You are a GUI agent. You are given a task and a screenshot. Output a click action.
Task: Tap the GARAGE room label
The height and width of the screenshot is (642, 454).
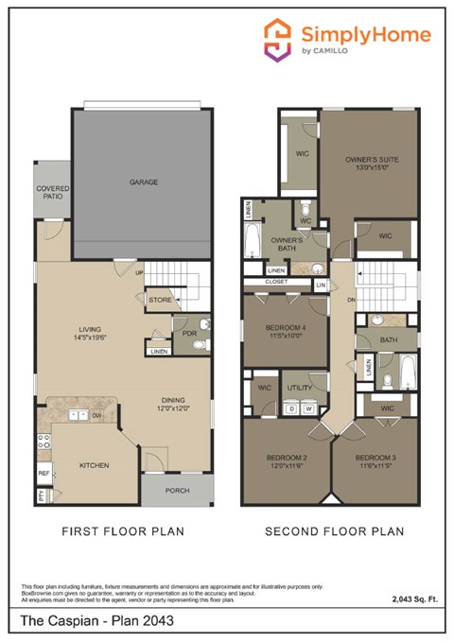click(x=144, y=182)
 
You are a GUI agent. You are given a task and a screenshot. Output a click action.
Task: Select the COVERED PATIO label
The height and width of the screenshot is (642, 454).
click(x=53, y=193)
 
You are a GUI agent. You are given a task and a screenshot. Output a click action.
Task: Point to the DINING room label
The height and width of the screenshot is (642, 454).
click(x=172, y=399)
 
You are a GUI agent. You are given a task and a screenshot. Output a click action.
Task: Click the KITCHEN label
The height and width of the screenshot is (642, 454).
click(x=95, y=465)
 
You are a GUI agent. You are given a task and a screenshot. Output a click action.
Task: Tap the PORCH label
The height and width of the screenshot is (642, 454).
click(x=177, y=491)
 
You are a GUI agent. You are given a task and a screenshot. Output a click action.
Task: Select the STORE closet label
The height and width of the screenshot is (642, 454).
click(x=160, y=301)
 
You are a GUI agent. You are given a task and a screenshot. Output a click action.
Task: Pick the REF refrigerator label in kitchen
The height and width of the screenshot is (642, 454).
click(x=44, y=473)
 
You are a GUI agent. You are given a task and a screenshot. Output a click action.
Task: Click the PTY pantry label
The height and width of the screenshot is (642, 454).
click(x=42, y=494)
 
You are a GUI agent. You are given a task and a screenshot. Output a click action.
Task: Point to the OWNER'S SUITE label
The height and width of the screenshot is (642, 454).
click(x=371, y=160)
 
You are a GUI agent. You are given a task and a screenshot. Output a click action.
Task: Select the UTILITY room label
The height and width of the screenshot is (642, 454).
click(x=299, y=388)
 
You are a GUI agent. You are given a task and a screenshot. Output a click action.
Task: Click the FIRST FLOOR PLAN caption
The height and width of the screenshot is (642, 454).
click(x=123, y=532)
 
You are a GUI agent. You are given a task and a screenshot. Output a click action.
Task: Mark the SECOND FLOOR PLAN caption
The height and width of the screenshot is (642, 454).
click(x=335, y=532)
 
